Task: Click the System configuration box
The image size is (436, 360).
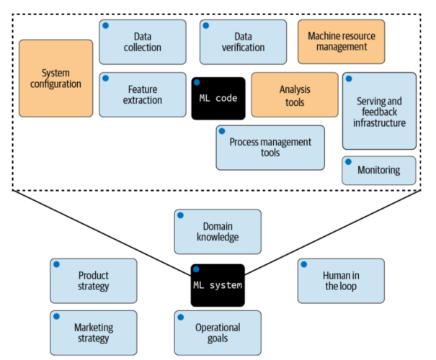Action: coord(56,78)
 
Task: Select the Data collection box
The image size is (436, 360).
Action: coord(143,42)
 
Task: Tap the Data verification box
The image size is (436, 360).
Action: coord(244,42)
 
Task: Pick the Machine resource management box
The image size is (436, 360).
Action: coord(342,42)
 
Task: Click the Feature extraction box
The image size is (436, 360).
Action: coord(143,95)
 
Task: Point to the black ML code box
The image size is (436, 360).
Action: coord(218,99)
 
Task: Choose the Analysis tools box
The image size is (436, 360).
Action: coord(295,95)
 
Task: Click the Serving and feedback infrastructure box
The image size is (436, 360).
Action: coord(379,111)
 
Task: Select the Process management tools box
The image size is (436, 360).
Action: coord(270,148)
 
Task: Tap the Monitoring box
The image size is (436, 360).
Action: coord(379,171)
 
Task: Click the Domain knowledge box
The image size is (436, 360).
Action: coord(218,232)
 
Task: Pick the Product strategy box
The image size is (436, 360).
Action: coord(94,281)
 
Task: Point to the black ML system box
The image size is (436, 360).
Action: coord(218,285)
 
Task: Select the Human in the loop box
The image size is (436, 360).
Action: coord(341,281)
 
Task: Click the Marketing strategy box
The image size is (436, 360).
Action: coord(94,333)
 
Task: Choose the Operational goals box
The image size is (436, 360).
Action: coord(218,333)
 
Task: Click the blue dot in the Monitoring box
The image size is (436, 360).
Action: coord(348,162)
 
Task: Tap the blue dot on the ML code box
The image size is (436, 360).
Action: coord(197,83)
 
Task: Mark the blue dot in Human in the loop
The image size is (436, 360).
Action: coord(304,264)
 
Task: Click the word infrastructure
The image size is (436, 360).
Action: coord(379,123)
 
